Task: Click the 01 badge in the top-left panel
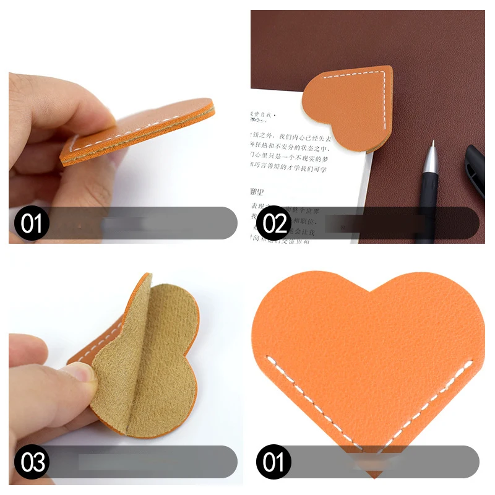pos(32,223)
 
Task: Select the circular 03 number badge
pos(32,462)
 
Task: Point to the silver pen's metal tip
pos(431,147)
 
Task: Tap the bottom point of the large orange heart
pos(372,475)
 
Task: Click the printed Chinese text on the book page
pos(291,148)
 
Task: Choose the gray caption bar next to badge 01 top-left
pos(142,223)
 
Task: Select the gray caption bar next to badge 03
pos(142,462)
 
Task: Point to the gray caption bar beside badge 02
pos(384,223)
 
